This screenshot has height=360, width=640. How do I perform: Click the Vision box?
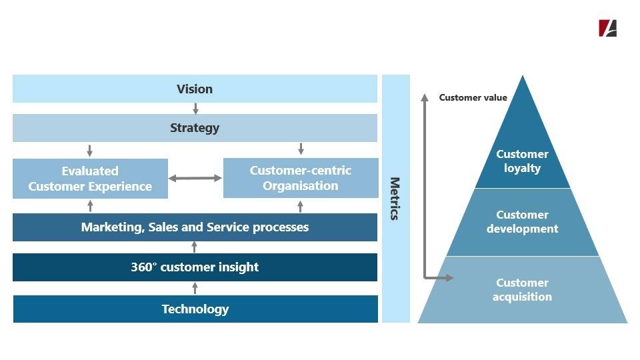[195, 89]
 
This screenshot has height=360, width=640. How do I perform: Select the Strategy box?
[195, 128]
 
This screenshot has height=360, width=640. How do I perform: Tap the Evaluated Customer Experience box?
[90, 179]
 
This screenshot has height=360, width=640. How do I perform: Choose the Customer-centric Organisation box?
[301, 178]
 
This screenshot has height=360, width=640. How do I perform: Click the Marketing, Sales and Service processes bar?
[195, 227]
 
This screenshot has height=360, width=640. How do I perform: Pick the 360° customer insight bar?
[195, 267]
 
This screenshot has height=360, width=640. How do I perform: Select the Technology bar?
[195, 309]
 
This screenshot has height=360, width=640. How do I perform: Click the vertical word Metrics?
[395, 199]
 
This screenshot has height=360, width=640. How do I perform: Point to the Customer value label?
[473, 97]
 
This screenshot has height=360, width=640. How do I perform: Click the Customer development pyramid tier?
[523, 222]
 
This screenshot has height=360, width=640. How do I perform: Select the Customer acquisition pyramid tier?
[523, 290]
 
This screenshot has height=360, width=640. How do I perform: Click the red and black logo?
[608, 28]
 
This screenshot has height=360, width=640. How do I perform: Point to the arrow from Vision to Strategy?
[195, 109]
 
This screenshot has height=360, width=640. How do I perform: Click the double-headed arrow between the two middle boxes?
[195, 178]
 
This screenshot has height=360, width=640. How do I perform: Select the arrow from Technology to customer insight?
[195, 288]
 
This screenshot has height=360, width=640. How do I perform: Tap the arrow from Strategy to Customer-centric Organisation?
[301, 149]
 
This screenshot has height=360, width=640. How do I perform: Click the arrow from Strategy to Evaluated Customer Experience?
[90, 151]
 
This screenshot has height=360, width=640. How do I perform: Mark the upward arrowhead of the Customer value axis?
[425, 97]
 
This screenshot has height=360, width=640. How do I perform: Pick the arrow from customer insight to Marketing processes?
[194, 247]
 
